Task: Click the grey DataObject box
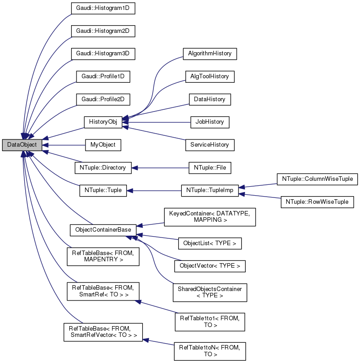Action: pyautogui.click(x=22, y=145)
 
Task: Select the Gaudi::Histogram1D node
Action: pyautogui.click(x=103, y=9)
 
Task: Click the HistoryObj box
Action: pyautogui.click(x=103, y=122)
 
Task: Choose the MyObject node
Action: pyautogui.click(x=103, y=145)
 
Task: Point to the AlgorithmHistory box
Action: pyautogui.click(x=210, y=54)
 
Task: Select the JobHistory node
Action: pyautogui.click(x=210, y=122)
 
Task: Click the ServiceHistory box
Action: pyautogui.click(x=210, y=145)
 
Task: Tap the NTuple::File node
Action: pyautogui.click(x=210, y=168)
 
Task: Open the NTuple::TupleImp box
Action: pyautogui.click(x=210, y=190)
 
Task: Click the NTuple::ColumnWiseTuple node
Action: pyautogui.click(x=318, y=179)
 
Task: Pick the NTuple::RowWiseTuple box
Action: pyautogui.click(x=318, y=202)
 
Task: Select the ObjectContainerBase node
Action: pyautogui.click(x=103, y=230)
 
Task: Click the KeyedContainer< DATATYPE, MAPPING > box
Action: pyautogui.click(x=210, y=217)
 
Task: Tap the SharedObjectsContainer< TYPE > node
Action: pyautogui.click(x=210, y=292)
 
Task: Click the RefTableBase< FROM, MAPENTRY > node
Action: pyautogui.click(x=103, y=256)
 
